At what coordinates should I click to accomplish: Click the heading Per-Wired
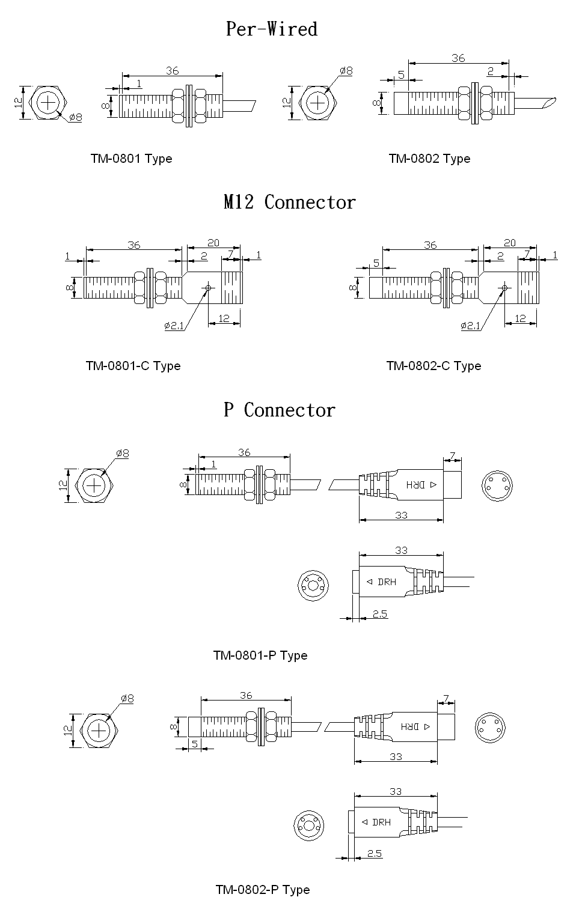271,29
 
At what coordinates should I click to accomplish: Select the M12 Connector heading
289,202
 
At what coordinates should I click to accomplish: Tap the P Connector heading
280,410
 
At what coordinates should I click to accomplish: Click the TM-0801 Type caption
131,159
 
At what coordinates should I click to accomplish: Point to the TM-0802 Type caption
429,159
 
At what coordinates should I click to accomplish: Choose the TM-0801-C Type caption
133,366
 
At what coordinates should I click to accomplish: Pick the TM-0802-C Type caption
433,366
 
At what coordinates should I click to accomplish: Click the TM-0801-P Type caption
260,655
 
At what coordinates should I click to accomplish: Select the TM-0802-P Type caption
263,890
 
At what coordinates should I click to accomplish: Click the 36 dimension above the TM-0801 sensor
172,71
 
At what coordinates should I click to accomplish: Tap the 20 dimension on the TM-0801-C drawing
213,243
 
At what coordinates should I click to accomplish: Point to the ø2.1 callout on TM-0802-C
470,326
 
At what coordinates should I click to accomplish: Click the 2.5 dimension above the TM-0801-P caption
380,614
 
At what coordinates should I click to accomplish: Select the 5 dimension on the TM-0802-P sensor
195,744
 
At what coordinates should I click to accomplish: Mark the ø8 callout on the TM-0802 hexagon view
346,71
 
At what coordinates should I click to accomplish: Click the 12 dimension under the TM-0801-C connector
224,318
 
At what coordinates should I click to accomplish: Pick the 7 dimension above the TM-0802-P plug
446,698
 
